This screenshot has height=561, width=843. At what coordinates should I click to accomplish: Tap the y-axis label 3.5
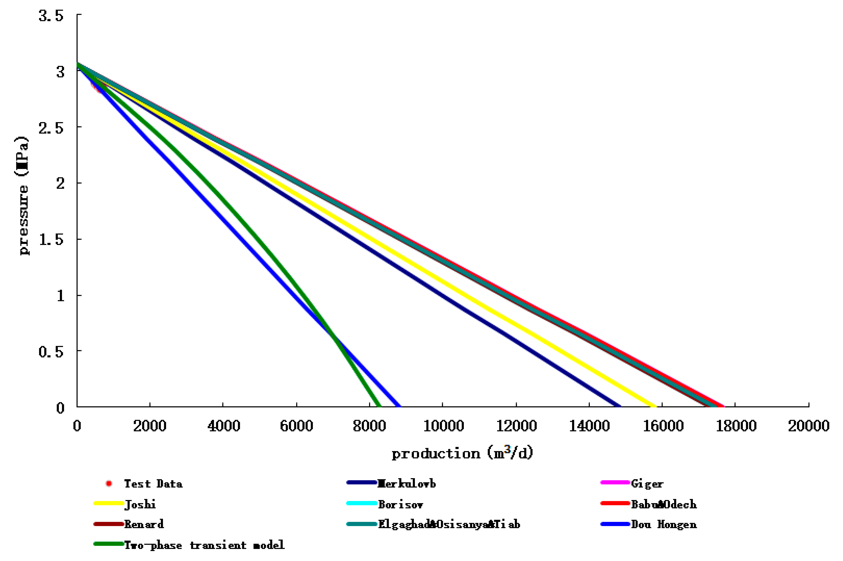[x=51, y=15]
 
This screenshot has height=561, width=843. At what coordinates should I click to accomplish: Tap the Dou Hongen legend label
[x=664, y=525]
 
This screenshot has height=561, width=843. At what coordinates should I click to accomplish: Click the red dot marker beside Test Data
[x=109, y=484]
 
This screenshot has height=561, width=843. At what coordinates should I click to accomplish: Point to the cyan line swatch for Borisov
[x=361, y=504]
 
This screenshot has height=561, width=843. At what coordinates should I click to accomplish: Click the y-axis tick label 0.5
[x=51, y=352]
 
